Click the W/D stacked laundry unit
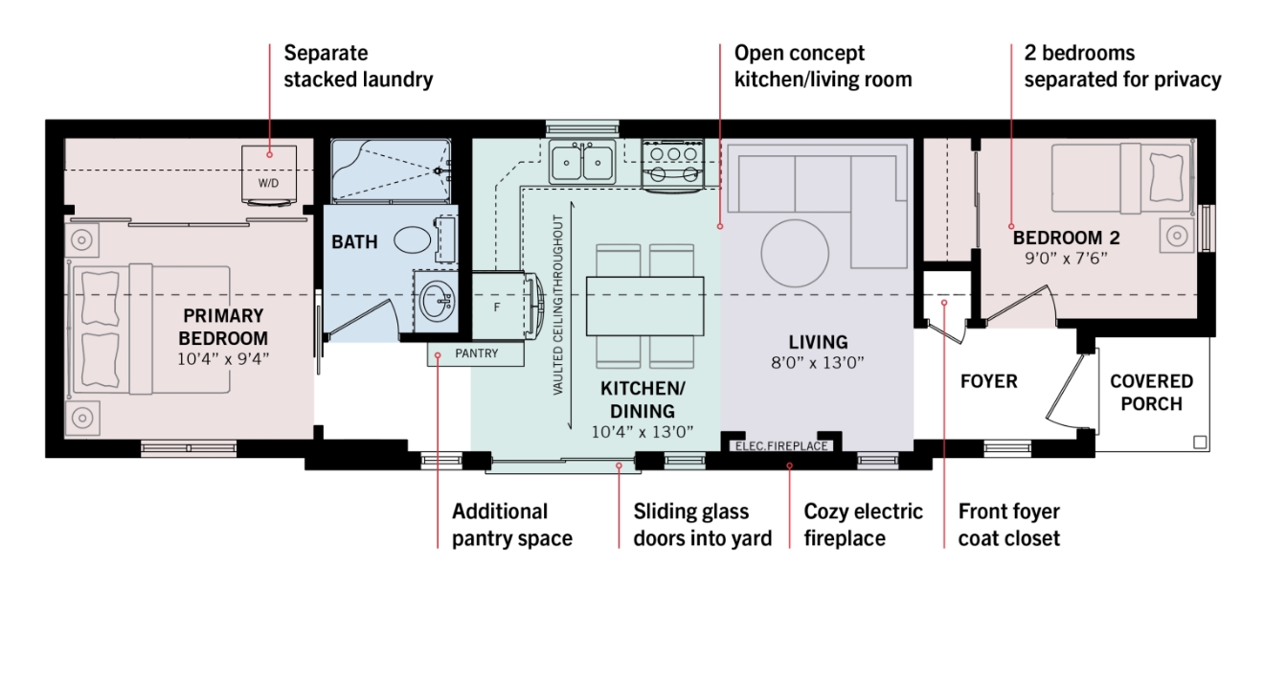click(269, 175)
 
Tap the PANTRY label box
click(476, 354)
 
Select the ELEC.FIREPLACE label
click(781, 446)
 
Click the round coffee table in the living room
click(795, 253)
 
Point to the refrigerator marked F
click(498, 306)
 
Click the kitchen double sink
click(582, 162)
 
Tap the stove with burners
click(672, 164)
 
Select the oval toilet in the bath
click(413, 240)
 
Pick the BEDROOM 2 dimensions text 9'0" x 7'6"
click(1066, 259)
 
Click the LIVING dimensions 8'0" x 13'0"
click(818, 362)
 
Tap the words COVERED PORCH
click(1151, 393)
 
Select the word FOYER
click(988, 381)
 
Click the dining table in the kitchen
click(645, 307)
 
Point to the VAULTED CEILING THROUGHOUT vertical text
click(558, 305)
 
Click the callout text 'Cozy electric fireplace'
click(864, 525)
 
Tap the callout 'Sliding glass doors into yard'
click(703, 525)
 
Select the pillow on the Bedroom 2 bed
click(1165, 177)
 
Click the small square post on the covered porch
click(1200, 443)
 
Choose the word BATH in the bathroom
click(354, 241)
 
